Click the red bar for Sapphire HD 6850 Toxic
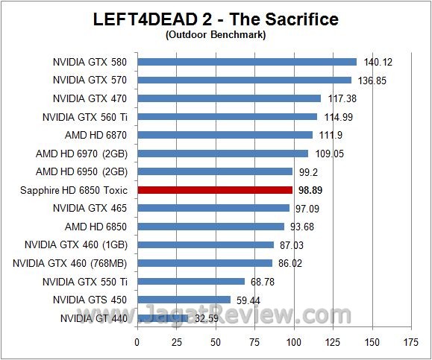[215, 190]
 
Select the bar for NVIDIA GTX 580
[247, 62]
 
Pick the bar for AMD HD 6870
[225, 135]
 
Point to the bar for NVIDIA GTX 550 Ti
[191, 281]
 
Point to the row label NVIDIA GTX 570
[90, 80]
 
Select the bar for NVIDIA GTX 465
[213, 208]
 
